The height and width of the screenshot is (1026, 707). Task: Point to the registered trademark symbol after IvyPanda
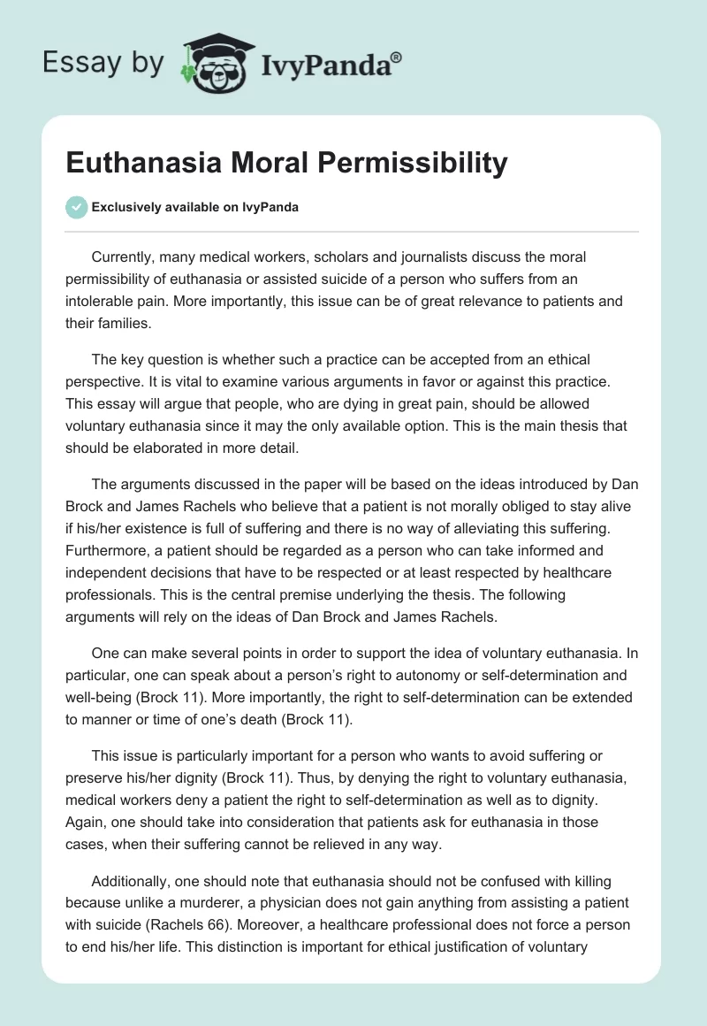[x=397, y=57]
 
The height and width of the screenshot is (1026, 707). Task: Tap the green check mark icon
[x=76, y=207]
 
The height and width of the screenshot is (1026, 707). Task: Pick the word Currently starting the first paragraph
[x=122, y=257]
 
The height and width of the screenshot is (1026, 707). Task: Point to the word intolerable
[x=104, y=301]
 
